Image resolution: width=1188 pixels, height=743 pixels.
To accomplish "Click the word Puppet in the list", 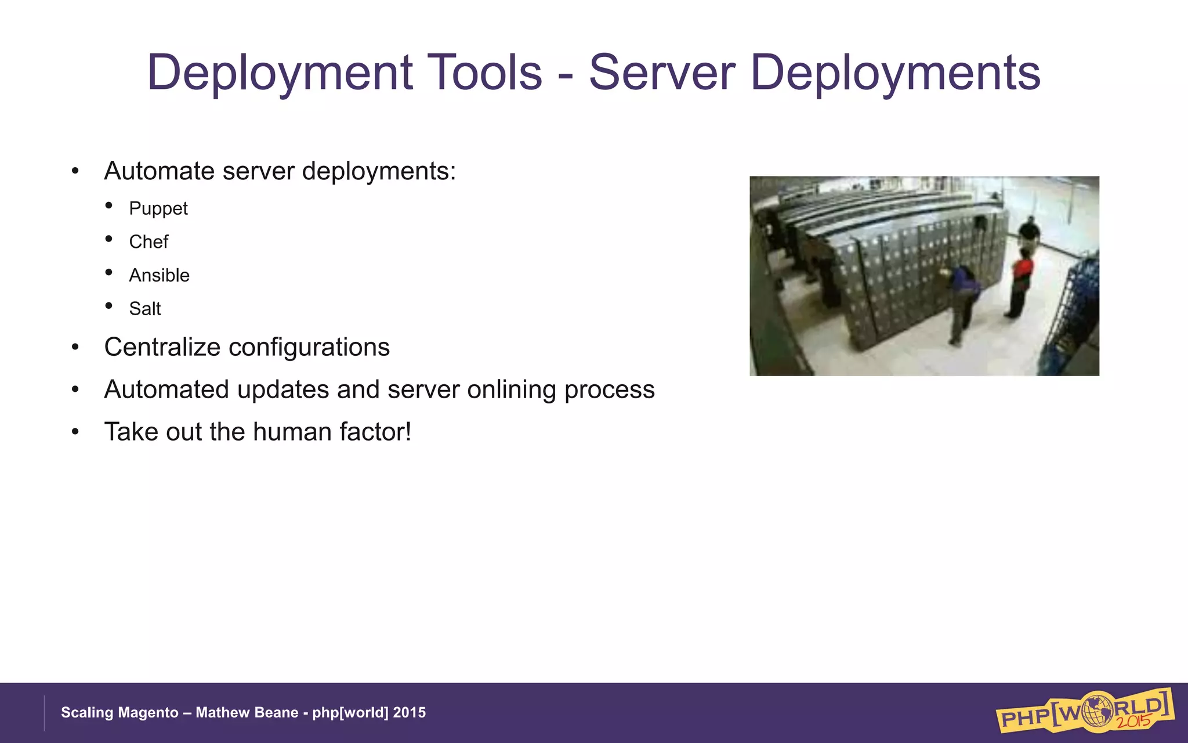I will pos(158,209).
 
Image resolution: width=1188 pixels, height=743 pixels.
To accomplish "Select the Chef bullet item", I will pos(148,242).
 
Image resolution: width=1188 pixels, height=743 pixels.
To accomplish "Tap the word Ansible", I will pos(159,275).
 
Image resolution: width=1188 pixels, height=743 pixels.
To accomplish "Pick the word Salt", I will pos(144,309).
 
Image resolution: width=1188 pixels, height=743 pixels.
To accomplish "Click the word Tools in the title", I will pos(484,73).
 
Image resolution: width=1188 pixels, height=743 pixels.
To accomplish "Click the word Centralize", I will pos(162,348).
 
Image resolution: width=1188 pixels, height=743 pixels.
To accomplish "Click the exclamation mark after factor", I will pos(408,432).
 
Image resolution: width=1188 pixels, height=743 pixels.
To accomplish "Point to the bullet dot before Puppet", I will pos(108,205).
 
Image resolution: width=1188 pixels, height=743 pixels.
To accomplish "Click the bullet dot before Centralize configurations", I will pos(75,348).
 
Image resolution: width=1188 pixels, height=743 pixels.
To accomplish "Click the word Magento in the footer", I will pos(149,713).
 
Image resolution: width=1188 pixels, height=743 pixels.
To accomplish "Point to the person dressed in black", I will pos(1030,232).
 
